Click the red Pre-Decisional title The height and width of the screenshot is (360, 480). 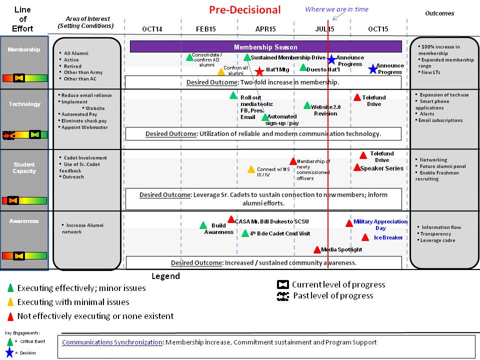click(x=244, y=9)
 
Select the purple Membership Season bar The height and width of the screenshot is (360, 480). click(x=265, y=47)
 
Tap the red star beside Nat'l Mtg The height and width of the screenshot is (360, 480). click(x=259, y=71)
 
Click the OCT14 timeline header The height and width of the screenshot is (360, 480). click(x=152, y=29)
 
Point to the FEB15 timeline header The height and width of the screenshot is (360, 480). click(x=205, y=29)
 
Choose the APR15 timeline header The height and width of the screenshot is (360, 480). click(x=265, y=29)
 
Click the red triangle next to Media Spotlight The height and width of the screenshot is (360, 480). click(x=317, y=249)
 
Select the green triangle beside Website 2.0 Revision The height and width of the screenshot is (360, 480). click(x=307, y=105)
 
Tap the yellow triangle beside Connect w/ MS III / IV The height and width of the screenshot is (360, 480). click(x=251, y=169)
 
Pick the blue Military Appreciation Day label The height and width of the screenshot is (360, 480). click(x=380, y=224)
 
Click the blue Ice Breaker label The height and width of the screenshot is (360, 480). click(x=388, y=237)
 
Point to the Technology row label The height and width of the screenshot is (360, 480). click(x=24, y=104)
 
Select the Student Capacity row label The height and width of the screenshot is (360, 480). click(x=24, y=167)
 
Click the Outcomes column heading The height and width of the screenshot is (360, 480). click(x=439, y=13)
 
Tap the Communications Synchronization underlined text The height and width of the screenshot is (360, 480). click(x=112, y=342)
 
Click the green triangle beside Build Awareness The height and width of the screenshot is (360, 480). click(x=203, y=225)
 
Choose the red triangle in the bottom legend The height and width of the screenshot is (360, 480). click(x=10, y=316)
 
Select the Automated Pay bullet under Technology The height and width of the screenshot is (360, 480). click(x=79, y=114)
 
